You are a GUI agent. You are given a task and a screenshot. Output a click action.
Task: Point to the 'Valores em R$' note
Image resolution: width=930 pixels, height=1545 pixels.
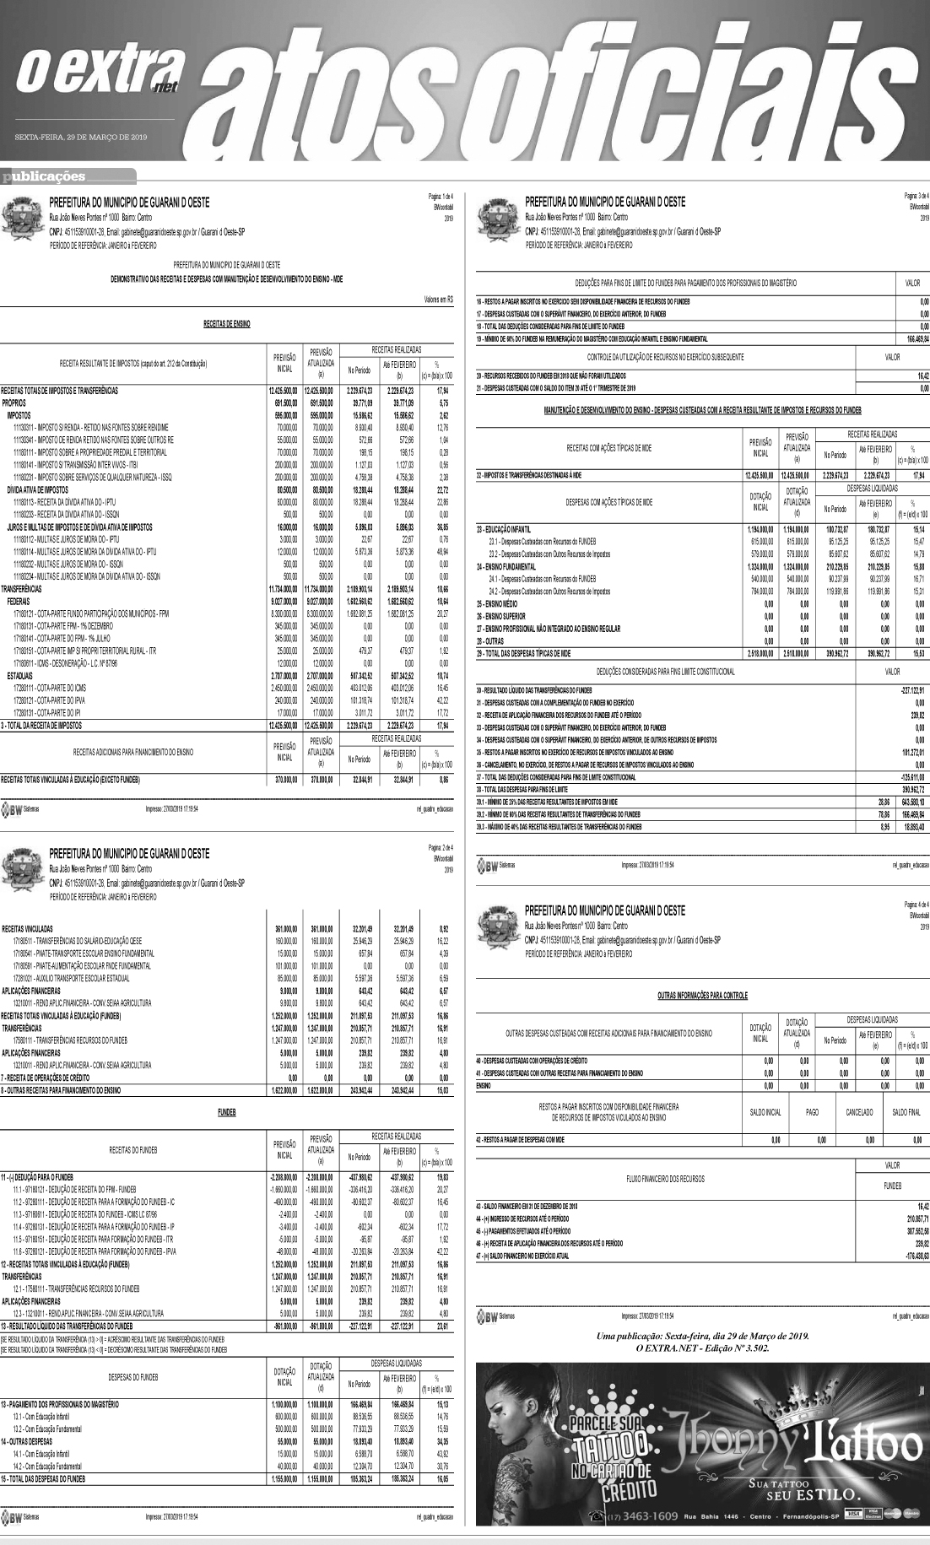(437, 299)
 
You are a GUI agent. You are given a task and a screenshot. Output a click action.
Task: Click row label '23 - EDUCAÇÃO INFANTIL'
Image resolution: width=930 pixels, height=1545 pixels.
(504, 527)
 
